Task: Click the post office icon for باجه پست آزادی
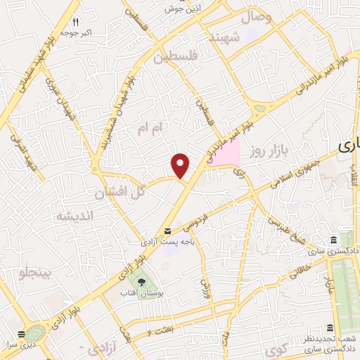(x=167, y=231)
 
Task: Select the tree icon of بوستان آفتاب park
(x=142, y=281)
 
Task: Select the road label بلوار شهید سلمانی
(x=28, y=84)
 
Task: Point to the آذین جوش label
(x=179, y=8)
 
